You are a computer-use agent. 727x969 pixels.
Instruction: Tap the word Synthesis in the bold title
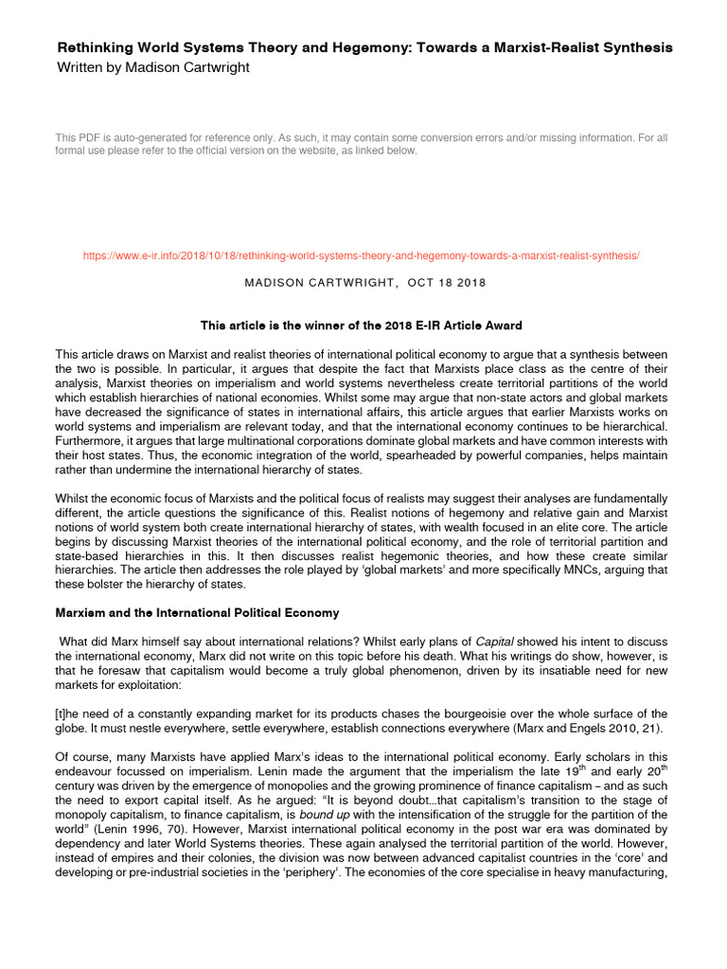(x=639, y=47)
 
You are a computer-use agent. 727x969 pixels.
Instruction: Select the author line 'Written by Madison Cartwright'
(x=154, y=67)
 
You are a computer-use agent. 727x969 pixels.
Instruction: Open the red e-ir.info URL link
(x=363, y=256)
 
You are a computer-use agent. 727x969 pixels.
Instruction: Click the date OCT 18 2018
(x=447, y=283)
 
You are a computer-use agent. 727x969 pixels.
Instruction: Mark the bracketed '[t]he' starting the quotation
(x=73, y=714)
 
